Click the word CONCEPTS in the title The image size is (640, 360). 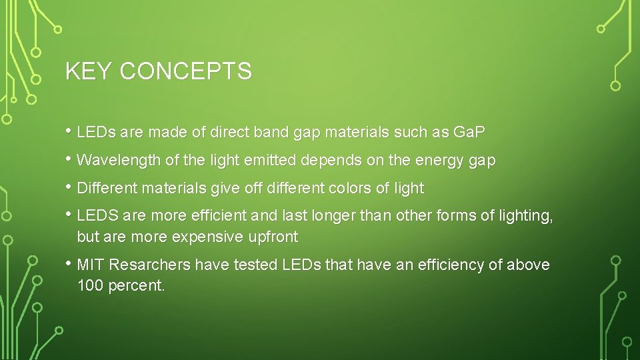click(185, 71)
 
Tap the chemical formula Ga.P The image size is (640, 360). click(469, 132)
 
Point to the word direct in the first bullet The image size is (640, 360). click(229, 132)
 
